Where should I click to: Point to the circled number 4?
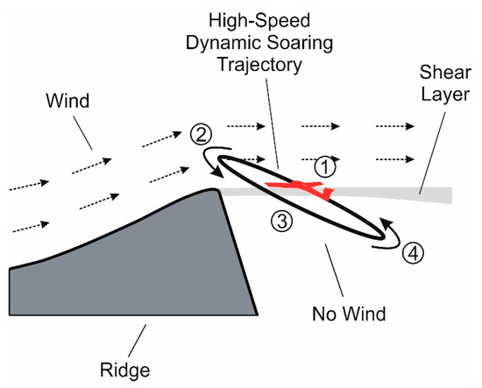pyautogui.click(x=415, y=254)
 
